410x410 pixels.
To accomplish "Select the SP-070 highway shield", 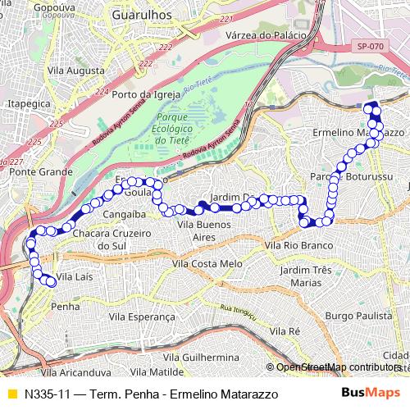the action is [371, 48].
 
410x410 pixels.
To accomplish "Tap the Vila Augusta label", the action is [76, 71].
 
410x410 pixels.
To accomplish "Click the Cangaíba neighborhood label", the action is [124, 214].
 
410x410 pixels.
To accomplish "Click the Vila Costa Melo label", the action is [207, 264].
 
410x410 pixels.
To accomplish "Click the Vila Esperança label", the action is [145, 316].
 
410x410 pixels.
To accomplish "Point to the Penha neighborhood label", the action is [65, 306].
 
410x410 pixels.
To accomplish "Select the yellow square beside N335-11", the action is [11, 394].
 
